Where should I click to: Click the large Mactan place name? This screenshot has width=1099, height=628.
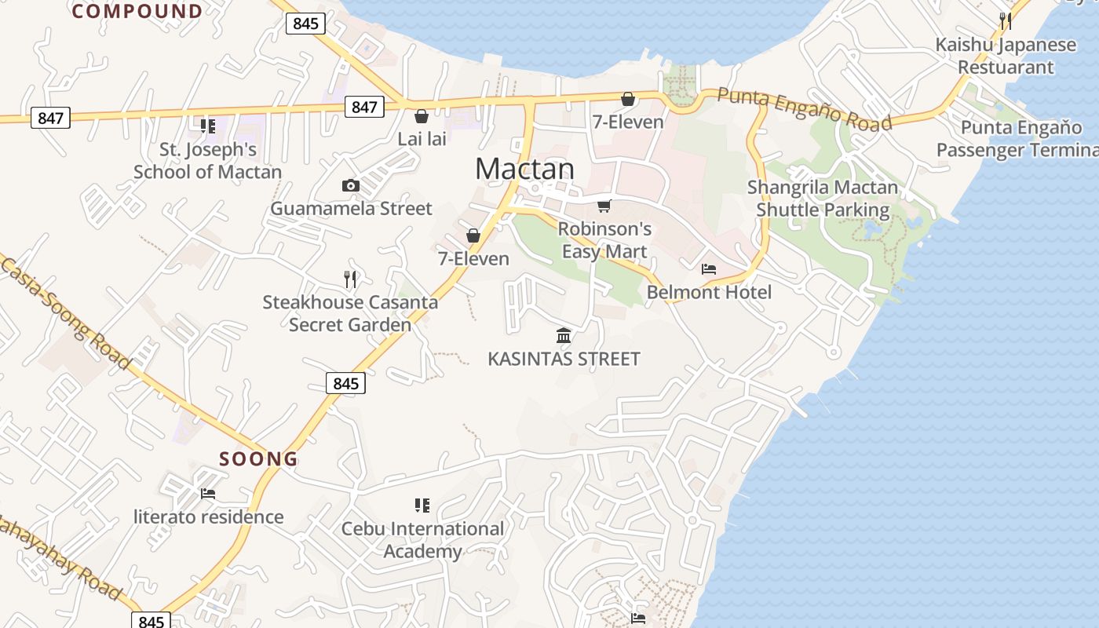tap(524, 169)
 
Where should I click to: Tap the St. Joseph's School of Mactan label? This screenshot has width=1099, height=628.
tap(207, 160)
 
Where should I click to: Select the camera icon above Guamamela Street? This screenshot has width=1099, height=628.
tap(351, 186)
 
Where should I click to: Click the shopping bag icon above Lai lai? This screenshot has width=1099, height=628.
tap(422, 116)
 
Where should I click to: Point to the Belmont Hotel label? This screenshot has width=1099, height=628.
tap(709, 292)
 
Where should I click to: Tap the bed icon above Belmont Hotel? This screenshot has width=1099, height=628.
tap(709, 269)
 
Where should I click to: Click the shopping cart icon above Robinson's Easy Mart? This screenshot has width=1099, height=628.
tap(604, 206)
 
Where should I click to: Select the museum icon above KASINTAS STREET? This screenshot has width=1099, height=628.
tap(564, 336)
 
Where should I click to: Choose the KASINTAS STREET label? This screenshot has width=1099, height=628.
tap(564, 360)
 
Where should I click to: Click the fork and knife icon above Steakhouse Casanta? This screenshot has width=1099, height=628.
tap(351, 279)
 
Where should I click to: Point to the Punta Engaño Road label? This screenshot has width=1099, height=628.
tap(805, 109)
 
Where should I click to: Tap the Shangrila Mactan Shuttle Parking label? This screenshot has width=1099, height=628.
tap(823, 199)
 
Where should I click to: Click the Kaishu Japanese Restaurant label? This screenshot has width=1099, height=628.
tap(1006, 56)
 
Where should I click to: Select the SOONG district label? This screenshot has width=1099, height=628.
tap(258, 459)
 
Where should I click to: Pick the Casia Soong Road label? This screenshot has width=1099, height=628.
tap(66, 312)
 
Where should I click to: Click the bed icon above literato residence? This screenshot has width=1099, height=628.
tap(208, 494)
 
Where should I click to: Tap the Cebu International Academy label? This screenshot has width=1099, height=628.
tap(422, 540)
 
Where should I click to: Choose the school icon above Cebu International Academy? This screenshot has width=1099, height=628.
tap(422, 505)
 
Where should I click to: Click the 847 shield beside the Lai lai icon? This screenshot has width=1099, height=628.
tap(364, 107)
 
